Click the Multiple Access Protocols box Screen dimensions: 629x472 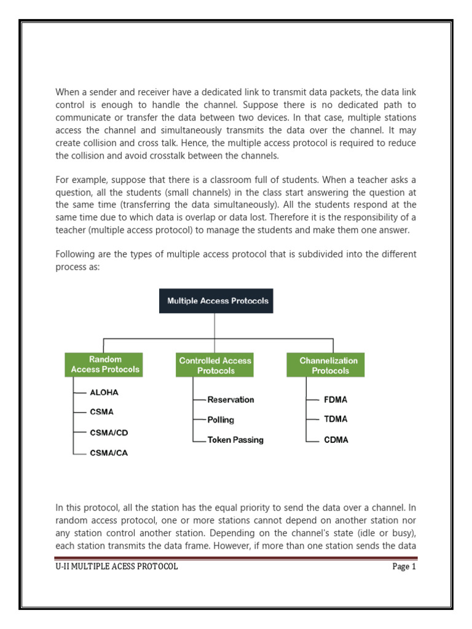[216, 301]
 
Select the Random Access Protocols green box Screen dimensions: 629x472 [104, 364]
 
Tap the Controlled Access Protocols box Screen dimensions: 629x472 [216, 365]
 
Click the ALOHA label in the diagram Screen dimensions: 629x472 [104, 392]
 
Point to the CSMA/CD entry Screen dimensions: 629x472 [109, 432]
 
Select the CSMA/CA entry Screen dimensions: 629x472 [109, 453]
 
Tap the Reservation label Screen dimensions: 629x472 [230, 399]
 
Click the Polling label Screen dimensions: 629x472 [221, 420]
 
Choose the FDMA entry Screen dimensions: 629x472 [336, 399]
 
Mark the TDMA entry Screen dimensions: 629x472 [336, 419]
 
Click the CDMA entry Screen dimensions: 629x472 [336, 440]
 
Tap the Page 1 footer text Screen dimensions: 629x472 [404, 567]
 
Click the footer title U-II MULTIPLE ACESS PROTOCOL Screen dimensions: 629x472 [117, 567]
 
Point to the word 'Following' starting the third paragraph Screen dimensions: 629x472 [75, 254]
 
